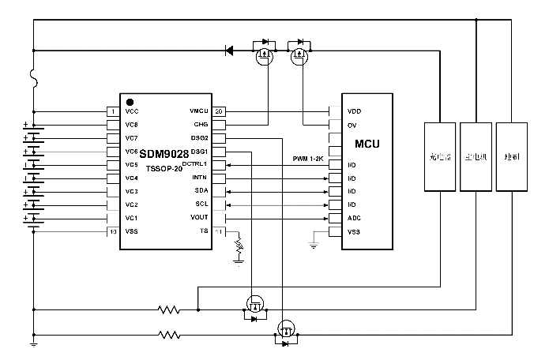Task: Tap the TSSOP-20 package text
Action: (x=164, y=169)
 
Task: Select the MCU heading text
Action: (x=368, y=144)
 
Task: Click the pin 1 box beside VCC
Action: (x=113, y=111)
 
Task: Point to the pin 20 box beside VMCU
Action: (x=220, y=111)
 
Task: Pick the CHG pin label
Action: (x=200, y=125)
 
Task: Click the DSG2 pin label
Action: (x=199, y=138)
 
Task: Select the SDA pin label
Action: (x=201, y=191)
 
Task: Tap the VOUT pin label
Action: (x=199, y=218)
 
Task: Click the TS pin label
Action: (x=203, y=231)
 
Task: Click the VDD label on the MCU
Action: (x=354, y=111)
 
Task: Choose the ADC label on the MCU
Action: (x=354, y=218)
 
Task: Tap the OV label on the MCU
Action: (x=352, y=125)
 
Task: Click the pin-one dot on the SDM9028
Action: (x=130, y=102)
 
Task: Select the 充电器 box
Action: (x=439, y=156)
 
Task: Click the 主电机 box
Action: (x=476, y=156)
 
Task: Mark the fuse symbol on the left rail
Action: (x=34, y=77)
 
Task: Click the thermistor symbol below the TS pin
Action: (x=238, y=250)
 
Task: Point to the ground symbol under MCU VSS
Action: (x=314, y=246)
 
